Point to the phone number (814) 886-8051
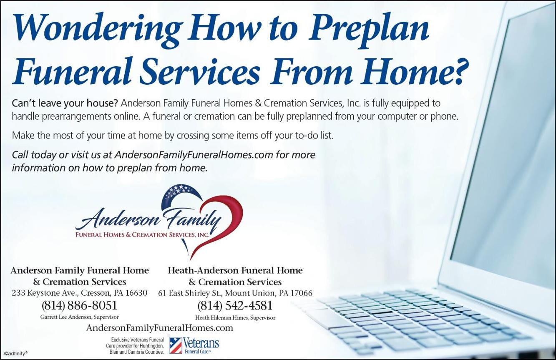[79, 305]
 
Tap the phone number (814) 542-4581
[235, 306]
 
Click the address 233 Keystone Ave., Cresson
[62, 293]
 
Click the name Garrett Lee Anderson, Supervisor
[79, 317]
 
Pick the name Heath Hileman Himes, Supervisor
[235, 317]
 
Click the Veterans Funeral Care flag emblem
[176, 345]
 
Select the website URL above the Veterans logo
[160, 328]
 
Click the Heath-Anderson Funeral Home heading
[235, 270]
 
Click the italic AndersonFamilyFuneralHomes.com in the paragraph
[194, 155]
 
